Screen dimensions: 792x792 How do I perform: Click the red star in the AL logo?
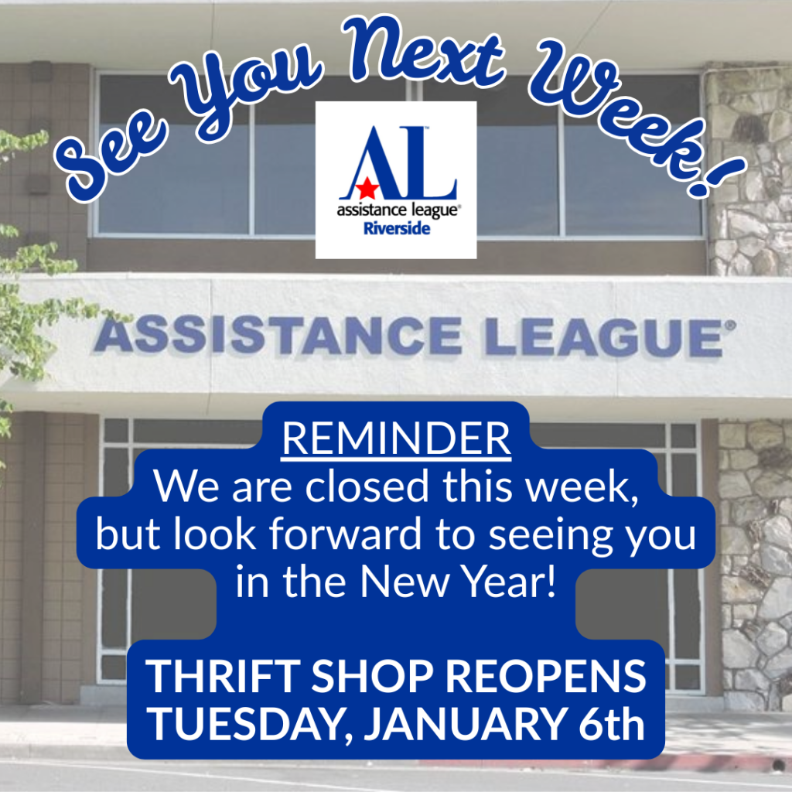(367, 189)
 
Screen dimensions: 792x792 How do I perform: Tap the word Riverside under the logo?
(397, 229)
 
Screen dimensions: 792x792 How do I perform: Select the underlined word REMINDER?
(397, 439)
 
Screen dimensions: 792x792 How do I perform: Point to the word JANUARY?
(465, 725)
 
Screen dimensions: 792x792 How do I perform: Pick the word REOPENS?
(545, 677)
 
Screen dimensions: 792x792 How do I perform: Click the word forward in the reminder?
(345, 534)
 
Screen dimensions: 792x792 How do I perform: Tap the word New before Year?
(405, 582)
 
